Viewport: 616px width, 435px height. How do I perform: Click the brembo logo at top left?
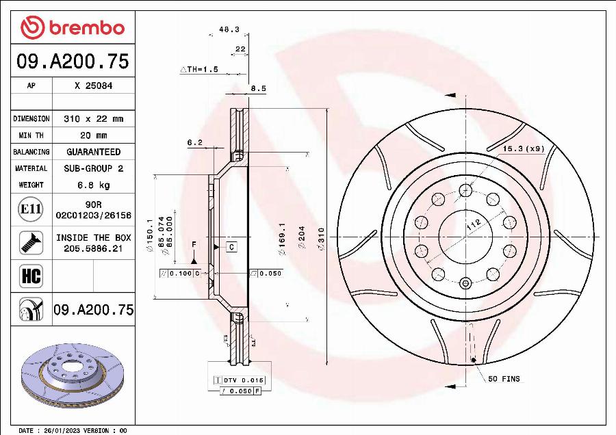[73, 27]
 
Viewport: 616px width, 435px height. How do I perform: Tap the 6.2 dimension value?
[194, 143]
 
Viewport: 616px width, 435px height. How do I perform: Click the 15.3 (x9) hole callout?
[523, 148]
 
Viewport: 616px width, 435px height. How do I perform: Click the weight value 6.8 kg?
[93, 185]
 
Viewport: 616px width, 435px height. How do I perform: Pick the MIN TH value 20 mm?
[93, 135]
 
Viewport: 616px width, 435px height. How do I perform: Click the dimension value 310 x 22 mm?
[93, 119]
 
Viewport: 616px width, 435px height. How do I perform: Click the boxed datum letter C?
[231, 247]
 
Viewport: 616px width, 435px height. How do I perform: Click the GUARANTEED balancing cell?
[93, 152]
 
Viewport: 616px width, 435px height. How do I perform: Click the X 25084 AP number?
[93, 86]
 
